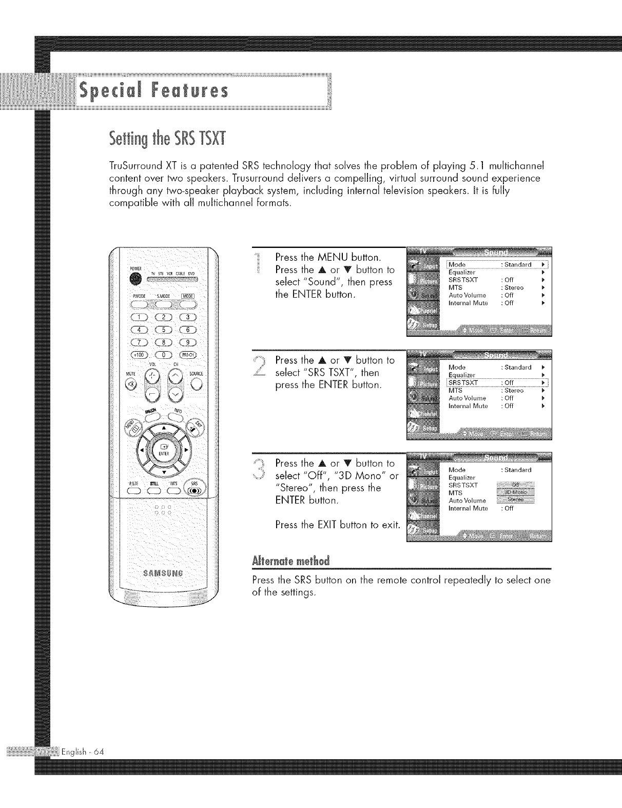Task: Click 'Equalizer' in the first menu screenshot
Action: [x=462, y=272]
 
